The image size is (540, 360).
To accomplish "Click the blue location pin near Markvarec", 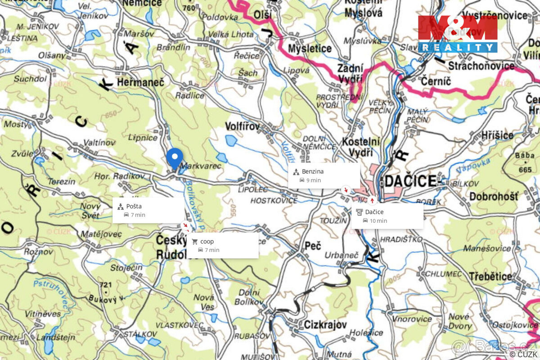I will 174,157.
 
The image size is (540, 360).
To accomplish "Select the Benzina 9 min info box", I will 324,175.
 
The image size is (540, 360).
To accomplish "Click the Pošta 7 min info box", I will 148,210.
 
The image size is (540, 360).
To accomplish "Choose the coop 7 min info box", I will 222,245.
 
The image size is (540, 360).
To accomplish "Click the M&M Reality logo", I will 457,34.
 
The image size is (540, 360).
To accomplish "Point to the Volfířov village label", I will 242,127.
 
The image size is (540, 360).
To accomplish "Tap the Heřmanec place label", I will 140,82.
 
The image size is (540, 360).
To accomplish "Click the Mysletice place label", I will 310,49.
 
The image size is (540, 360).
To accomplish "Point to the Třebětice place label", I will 490,276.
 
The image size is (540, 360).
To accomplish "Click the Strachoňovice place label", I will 481,66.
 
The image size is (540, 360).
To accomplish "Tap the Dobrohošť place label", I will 494,197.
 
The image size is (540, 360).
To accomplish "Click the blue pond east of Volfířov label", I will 231,141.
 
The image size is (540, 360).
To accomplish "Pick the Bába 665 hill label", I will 525,162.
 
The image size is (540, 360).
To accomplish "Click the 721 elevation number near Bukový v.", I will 105,285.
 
